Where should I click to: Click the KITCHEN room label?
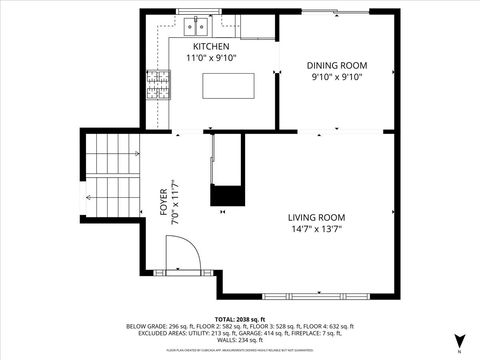pyautogui.click(x=211, y=47)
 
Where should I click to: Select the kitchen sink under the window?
pyautogui.click(x=194, y=25)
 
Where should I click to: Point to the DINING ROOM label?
pyautogui.click(x=335, y=66)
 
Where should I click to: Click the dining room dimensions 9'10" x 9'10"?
pyautogui.click(x=335, y=77)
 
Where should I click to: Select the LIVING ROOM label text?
pyautogui.click(x=316, y=217)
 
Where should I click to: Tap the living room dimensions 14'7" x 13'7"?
pyautogui.click(x=316, y=228)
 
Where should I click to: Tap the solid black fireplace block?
pyautogui.click(x=227, y=195)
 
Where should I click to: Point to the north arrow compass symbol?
pyautogui.click(x=459, y=341)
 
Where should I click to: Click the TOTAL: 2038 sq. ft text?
pyautogui.click(x=239, y=318)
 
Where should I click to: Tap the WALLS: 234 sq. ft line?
pyautogui.click(x=239, y=340)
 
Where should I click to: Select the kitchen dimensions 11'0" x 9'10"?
pyautogui.click(x=211, y=58)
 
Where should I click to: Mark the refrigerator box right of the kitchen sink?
pyautogui.click(x=256, y=25)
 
